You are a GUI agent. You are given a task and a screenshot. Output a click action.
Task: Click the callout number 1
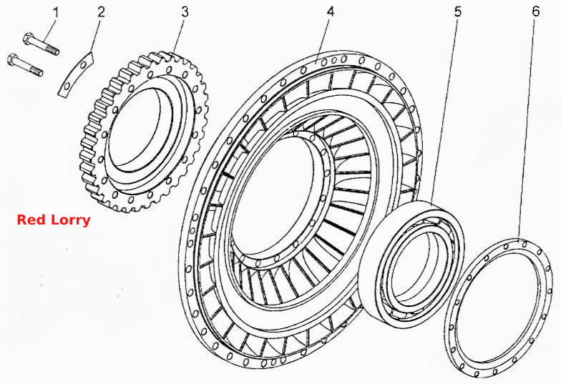pyautogui.click(x=56, y=12)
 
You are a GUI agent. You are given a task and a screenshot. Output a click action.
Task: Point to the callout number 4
pyautogui.click(x=331, y=11)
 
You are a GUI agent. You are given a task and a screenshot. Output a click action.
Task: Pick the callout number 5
pyautogui.click(x=458, y=11)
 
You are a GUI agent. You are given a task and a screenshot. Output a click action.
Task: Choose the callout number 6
pyautogui.click(x=535, y=11)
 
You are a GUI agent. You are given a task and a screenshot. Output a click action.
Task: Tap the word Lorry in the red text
pyautogui.click(x=70, y=220)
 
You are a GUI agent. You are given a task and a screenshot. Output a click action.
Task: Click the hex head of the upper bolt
pyautogui.click(x=29, y=39)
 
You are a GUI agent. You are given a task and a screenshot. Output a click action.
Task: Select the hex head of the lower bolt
pyautogui.click(x=12, y=59)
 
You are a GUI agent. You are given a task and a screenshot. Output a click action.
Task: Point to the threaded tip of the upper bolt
pyautogui.click(x=53, y=50)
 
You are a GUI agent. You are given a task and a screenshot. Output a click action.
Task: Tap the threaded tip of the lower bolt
pyautogui.click(x=36, y=71)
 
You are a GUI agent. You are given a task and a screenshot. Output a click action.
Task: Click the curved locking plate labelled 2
pyautogui.click(x=76, y=74)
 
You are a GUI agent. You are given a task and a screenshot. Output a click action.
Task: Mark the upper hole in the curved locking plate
pyautogui.click(x=84, y=65)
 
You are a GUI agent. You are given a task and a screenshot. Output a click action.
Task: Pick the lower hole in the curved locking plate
pyautogui.click(x=67, y=86)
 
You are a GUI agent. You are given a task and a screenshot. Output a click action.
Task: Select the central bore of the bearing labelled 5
pyautogui.click(x=414, y=266)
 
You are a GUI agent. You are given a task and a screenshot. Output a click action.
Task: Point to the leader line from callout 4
pyautogui.click(x=323, y=40)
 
